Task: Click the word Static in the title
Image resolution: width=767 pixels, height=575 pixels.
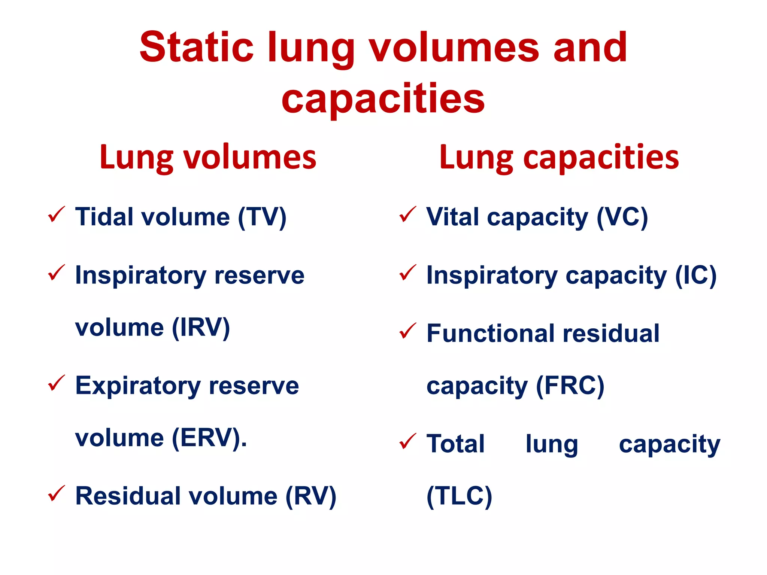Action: (196, 47)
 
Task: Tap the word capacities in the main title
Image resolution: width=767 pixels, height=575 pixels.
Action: (383, 98)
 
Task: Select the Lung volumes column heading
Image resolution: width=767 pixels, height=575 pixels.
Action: (208, 157)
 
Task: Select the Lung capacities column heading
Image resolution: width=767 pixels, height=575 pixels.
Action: (559, 157)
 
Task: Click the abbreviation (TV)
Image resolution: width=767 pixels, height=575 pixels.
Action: (262, 217)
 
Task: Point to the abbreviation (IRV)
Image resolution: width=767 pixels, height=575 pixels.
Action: (201, 328)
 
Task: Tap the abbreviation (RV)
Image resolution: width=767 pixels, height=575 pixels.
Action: (311, 496)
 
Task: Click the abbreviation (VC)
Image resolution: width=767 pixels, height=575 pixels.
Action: (622, 217)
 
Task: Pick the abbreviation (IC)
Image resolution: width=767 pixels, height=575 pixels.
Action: (695, 276)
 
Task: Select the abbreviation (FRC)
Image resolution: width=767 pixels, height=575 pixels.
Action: (570, 386)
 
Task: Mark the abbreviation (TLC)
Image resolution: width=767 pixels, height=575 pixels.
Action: (459, 496)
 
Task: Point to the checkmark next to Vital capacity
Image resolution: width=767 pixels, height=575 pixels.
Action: (408, 215)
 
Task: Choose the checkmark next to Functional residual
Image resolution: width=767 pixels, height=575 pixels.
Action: (408, 331)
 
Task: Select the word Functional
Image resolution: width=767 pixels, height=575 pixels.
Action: (491, 333)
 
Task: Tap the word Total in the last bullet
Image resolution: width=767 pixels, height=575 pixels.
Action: (455, 444)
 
